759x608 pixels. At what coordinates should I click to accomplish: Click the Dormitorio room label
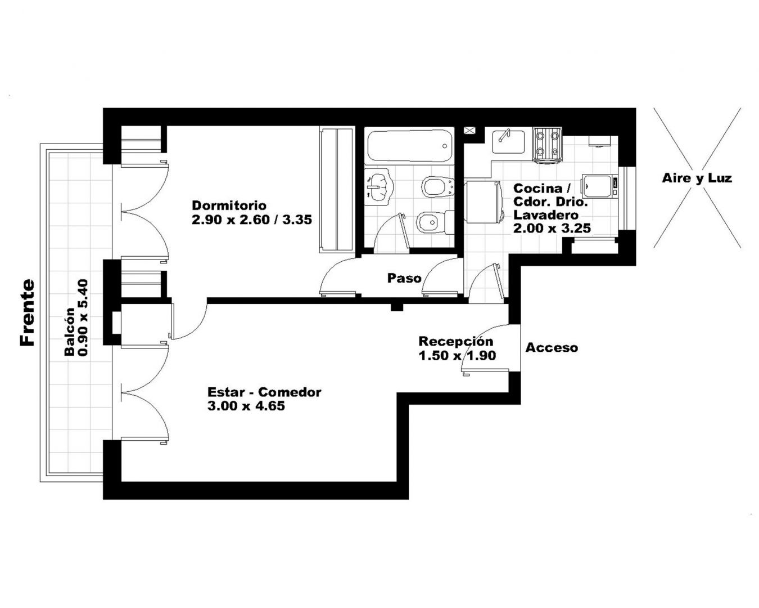229,205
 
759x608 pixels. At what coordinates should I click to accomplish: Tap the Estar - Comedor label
264,392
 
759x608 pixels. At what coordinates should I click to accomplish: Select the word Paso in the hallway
404,278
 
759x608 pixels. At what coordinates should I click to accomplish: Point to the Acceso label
552,348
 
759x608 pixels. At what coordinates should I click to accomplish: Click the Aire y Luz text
697,178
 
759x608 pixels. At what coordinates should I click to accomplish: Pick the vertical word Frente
27,312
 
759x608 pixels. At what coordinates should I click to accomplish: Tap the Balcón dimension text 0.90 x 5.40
84,318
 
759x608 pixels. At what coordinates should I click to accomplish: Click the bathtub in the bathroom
409,146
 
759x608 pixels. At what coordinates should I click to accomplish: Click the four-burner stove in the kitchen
547,146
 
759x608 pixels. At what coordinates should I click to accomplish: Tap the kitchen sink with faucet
508,142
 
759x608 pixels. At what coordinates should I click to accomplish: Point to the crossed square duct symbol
469,131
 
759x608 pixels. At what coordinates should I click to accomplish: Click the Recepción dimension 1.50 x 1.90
457,355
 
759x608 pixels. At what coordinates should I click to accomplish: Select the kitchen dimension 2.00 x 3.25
552,228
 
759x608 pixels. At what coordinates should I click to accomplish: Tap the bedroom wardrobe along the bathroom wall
337,190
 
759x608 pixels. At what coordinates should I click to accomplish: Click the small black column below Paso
397,307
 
